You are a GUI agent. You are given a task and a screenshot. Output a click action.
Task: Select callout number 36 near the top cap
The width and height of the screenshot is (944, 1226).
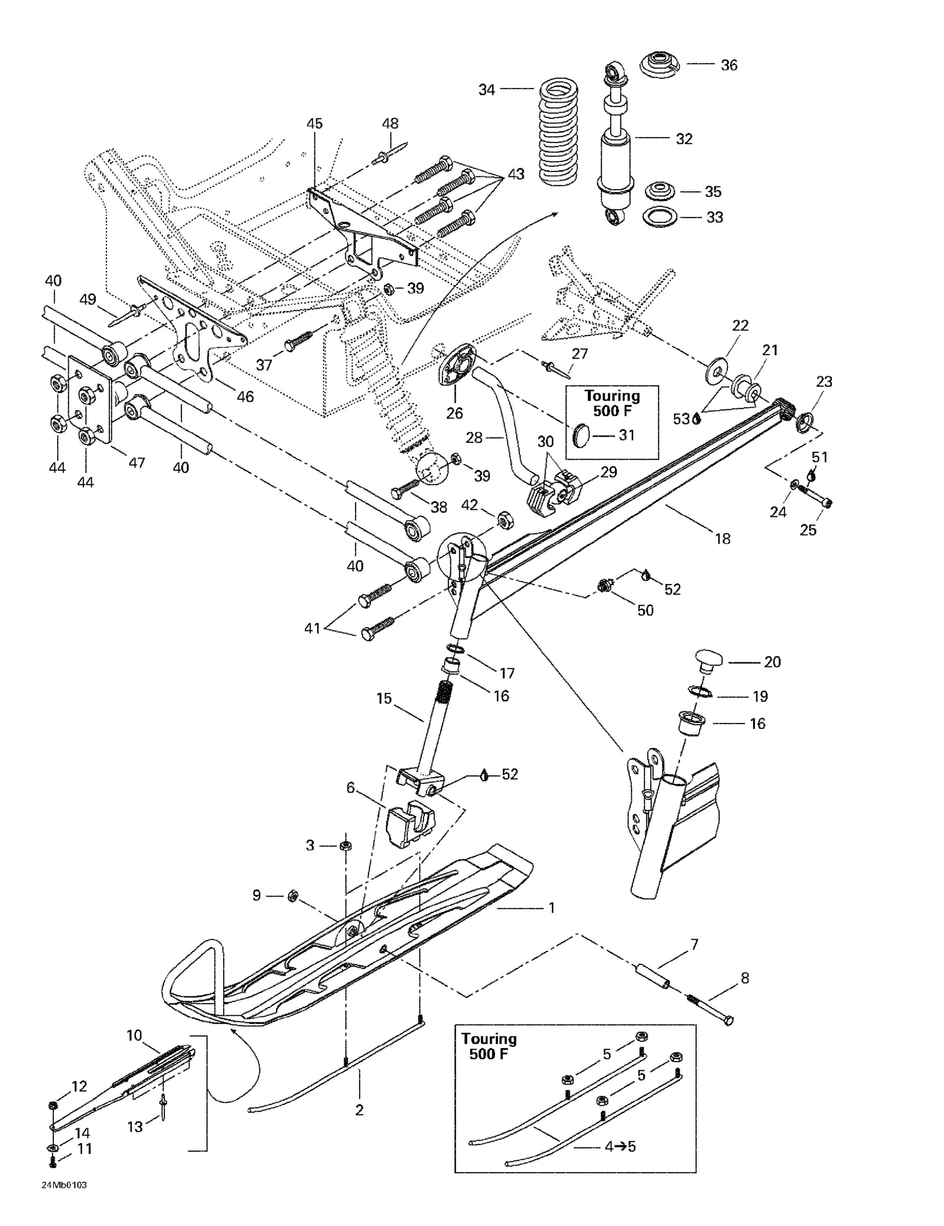728,65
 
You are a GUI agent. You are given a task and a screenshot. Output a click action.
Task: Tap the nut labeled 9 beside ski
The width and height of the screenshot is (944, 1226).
292,895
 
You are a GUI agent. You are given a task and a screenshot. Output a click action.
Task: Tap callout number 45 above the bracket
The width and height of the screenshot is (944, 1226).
314,123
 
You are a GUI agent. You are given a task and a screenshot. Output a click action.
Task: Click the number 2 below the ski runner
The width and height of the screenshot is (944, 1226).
359,1110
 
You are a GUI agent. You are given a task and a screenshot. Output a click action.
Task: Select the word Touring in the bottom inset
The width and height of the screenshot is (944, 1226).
488,1038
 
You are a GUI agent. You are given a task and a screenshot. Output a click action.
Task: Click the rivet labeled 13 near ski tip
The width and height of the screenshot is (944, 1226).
163,1105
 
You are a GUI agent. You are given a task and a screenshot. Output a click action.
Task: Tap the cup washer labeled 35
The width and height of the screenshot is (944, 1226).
660,191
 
